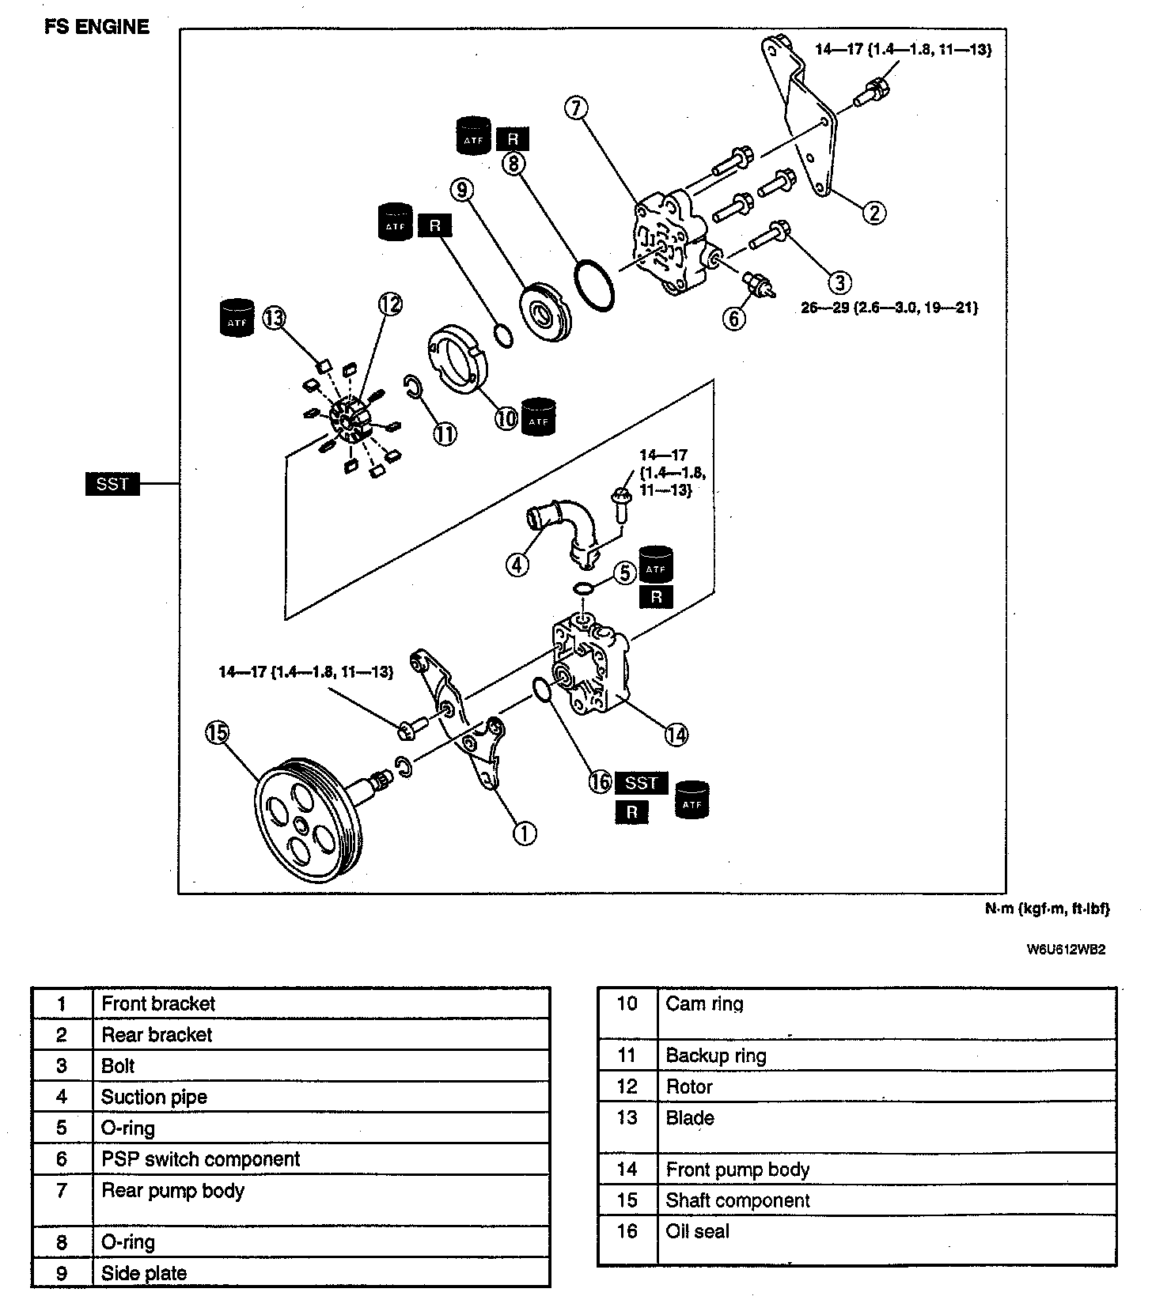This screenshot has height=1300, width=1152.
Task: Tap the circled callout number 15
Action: [x=217, y=732]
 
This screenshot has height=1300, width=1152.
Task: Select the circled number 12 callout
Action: [x=389, y=304]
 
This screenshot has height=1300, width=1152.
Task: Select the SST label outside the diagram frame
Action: [x=112, y=483]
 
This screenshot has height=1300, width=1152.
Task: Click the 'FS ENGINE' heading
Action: [x=97, y=27]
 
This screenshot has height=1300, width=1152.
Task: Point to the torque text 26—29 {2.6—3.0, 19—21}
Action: [x=889, y=308]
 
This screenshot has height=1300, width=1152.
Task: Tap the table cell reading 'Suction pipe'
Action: [x=154, y=1097]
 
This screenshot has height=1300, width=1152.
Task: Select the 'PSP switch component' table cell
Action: [x=201, y=1159]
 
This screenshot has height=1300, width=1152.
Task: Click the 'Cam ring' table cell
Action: [x=704, y=1004]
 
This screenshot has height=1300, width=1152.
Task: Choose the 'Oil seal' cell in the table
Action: [x=698, y=1231]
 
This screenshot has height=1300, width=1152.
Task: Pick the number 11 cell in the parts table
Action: [x=627, y=1056]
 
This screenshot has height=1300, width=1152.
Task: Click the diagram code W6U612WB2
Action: [x=1066, y=950]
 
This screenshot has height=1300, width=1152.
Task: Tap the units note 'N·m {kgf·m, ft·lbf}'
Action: [x=1047, y=909]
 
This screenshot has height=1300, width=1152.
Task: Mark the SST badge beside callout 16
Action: [x=641, y=783]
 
